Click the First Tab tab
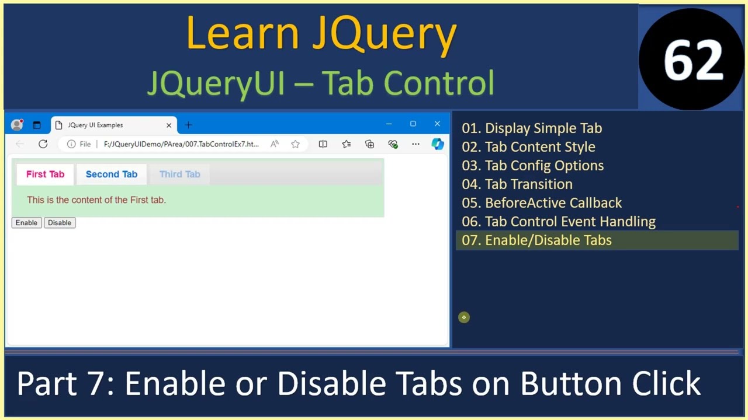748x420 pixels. [x=45, y=174]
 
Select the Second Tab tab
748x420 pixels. [x=111, y=174]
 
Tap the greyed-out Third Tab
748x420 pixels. [x=179, y=174]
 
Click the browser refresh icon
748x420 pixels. [x=43, y=144]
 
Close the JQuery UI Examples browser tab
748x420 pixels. [x=169, y=125]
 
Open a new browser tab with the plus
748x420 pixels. [x=188, y=125]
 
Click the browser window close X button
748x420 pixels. [x=437, y=124]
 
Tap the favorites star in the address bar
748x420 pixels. [x=296, y=144]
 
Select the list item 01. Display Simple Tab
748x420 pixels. [x=532, y=128]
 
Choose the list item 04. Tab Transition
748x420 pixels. [x=517, y=184]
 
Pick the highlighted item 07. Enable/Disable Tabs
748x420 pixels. [x=536, y=240]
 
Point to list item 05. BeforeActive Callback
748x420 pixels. [x=542, y=203]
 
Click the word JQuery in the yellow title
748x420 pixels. [x=384, y=33]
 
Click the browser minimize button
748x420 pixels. [x=389, y=124]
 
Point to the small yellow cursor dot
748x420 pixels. [x=464, y=317]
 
